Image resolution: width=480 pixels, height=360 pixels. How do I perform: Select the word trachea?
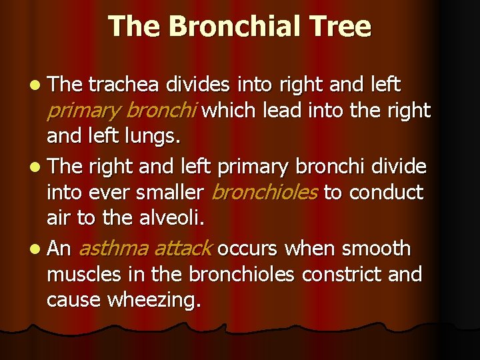click(x=124, y=85)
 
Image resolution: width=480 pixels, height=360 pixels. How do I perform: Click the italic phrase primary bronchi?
click(x=122, y=111)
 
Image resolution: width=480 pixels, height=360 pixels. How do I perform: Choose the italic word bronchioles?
click(x=265, y=193)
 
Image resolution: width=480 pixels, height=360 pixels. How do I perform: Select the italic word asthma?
click(x=113, y=249)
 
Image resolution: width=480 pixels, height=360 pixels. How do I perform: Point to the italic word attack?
click(x=181, y=249)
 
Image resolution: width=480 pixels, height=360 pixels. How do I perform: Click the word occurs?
click(x=248, y=249)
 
